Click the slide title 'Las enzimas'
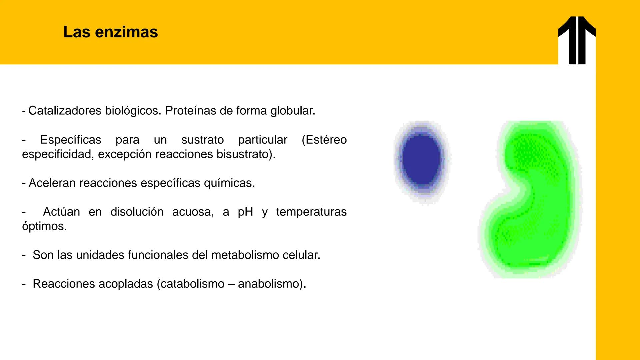click(110, 32)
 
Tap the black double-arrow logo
click(577, 40)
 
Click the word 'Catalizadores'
click(65, 111)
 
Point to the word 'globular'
click(292, 111)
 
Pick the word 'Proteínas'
click(191, 111)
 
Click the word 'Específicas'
click(71, 140)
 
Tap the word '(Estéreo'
click(324, 140)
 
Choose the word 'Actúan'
click(61, 212)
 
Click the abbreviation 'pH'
click(245, 212)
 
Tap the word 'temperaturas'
click(311, 212)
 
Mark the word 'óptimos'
click(44, 226)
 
